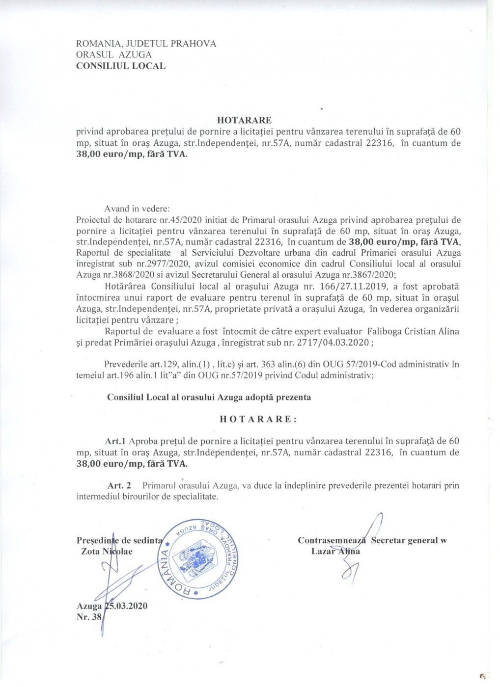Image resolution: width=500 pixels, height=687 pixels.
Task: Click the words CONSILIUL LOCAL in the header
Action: pos(121,66)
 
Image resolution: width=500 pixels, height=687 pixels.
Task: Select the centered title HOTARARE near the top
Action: pos(244,120)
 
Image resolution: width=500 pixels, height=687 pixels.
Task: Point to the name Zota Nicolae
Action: pos(107,551)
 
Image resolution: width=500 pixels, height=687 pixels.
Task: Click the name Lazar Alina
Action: pos(335,551)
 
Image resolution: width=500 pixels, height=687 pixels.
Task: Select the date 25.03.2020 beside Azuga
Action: pos(126,606)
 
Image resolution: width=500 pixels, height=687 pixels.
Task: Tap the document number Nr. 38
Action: pos(89,617)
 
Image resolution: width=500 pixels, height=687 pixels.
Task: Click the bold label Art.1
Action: pos(116,441)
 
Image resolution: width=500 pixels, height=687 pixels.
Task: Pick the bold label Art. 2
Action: pos(119,485)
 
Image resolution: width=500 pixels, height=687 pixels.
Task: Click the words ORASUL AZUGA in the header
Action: pos(114,54)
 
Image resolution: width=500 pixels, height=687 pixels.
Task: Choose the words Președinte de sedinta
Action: pos(119,540)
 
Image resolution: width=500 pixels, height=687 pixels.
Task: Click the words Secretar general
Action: pos(404,540)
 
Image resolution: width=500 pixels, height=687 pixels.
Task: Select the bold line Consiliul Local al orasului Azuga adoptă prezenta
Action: pos(209,397)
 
